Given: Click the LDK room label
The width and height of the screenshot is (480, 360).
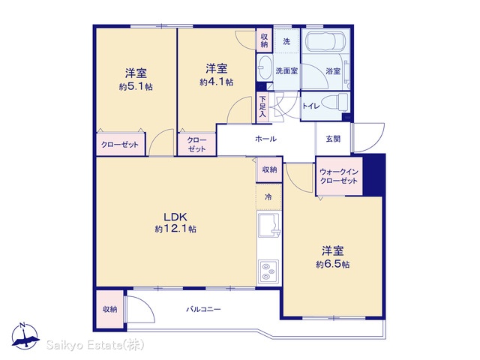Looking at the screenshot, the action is tap(175, 217).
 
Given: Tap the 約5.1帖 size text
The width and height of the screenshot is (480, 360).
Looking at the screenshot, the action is tap(136, 87).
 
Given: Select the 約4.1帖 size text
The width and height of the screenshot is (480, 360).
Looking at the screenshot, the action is tap(217, 82).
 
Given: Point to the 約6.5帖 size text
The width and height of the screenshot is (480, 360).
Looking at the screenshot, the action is tap(333, 264).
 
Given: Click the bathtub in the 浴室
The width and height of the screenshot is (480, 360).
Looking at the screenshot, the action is tap(326, 42).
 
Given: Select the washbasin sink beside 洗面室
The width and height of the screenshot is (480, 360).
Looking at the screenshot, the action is tap(265, 68).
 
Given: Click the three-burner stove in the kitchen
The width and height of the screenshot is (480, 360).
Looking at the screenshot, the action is tap(268, 271).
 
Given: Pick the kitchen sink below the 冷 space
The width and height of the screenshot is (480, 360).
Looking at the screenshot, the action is tap(269, 225).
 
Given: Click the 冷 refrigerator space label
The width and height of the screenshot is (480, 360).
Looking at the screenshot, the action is tap(268, 196).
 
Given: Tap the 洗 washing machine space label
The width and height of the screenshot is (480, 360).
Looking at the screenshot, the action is tap(286, 41).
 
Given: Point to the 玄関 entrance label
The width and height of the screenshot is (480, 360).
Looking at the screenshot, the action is tap(333, 139).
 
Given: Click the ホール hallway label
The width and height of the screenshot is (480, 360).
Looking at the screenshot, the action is tap(265, 139).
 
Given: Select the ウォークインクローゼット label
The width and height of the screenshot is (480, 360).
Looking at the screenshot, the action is tap(339, 176).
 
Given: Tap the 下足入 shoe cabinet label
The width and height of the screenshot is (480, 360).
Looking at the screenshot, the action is tap(262, 106).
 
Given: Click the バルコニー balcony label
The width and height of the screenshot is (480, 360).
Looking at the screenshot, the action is tap(203, 310).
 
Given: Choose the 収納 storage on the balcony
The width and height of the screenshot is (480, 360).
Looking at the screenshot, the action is tap(110, 309).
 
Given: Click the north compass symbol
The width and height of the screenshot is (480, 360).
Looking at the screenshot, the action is tap(25, 336).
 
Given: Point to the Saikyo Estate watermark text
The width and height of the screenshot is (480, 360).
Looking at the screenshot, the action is tap(95, 345).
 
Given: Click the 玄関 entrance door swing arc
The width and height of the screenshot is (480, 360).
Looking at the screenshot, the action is tap(376, 143).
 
